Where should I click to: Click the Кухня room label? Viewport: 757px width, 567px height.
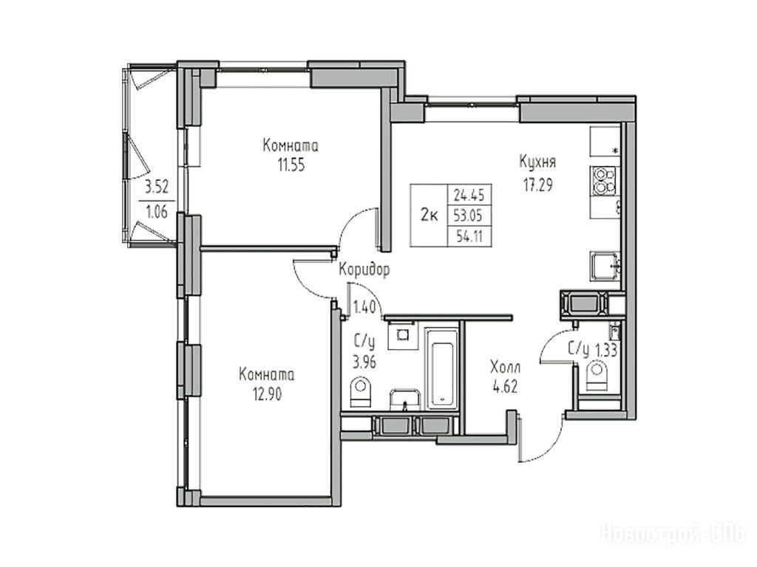(537, 162)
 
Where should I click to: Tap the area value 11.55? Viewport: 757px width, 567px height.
(291, 165)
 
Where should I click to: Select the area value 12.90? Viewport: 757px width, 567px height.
(267, 394)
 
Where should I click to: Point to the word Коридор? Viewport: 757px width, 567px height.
(364, 270)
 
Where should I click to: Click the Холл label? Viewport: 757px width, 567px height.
(505, 368)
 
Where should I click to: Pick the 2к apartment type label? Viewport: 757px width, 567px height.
(429, 216)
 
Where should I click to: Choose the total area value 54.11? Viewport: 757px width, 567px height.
(469, 237)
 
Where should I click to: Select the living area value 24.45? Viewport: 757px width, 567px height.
(469, 195)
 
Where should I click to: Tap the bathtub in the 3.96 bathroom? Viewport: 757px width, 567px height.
(442, 369)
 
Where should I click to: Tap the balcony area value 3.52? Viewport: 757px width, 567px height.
(157, 186)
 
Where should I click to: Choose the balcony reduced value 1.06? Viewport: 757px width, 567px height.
(157, 211)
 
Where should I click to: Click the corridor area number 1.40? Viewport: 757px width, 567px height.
(364, 306)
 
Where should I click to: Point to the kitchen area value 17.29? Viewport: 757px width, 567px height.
(538, 185)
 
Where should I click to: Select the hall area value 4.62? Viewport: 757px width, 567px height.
(504, 387)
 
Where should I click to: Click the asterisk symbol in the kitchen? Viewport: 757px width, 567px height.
(615, 151)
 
